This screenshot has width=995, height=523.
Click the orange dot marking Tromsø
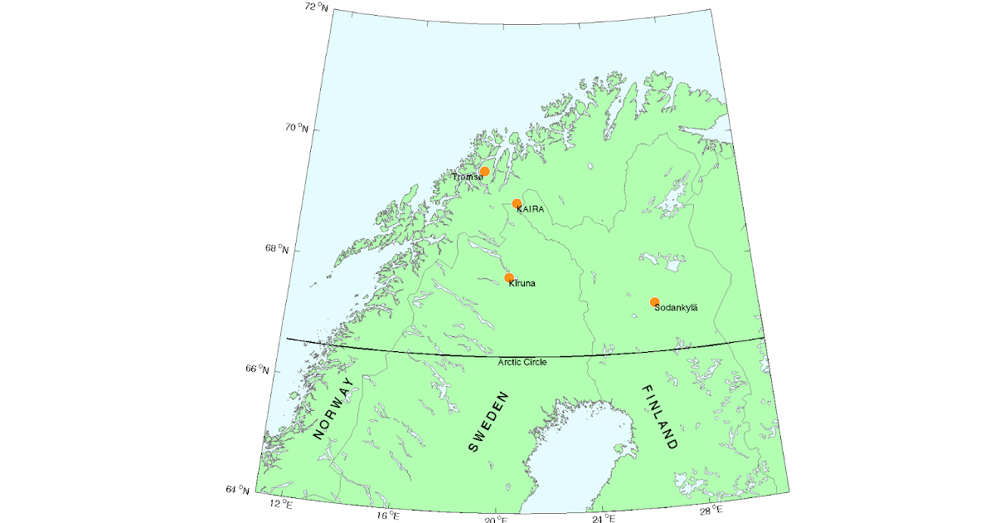[x=485, y=171]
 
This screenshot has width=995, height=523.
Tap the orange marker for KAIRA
[x=517, y=203]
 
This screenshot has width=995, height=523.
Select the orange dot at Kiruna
[x=509, y=277]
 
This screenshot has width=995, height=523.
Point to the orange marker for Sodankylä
[x=654, y=301]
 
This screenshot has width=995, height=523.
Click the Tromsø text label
[x=467, y=177]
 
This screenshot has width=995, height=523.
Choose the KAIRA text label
[x=531, y=210]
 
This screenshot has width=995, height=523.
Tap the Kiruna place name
[x=522, y=284]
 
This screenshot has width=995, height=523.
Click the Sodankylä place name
[x=677, y=308]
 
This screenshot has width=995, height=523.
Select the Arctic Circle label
[x=522, y=362]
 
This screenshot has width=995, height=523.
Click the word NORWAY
[x=333, y=408]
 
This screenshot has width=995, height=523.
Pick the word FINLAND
[x=659, y=417]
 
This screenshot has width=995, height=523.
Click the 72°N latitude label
[x=316, y=7]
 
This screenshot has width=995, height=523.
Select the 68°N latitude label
[x=278, y=249]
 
